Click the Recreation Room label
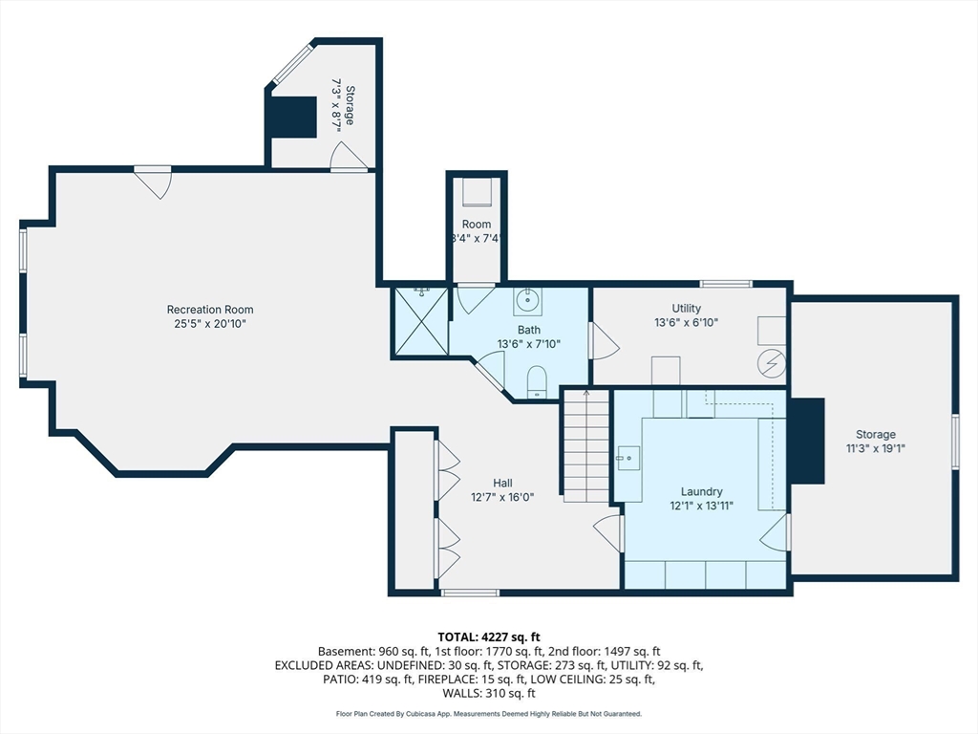click(210, 310)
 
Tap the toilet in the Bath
click(537, 382)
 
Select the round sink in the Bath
click(527, 301)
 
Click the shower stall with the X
click(422, 321)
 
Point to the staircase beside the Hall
click(587, 445)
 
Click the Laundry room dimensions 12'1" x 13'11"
click(702, 506)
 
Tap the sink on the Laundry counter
click(628, 458)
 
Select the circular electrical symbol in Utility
click(772, 364)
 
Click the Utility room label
click(686, 309)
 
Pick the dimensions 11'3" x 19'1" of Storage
click(876, 448)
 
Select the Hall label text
click(502, 483)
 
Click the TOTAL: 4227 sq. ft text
click(489, 637)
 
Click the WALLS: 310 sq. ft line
click(489, 693)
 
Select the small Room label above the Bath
click(477, 224)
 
